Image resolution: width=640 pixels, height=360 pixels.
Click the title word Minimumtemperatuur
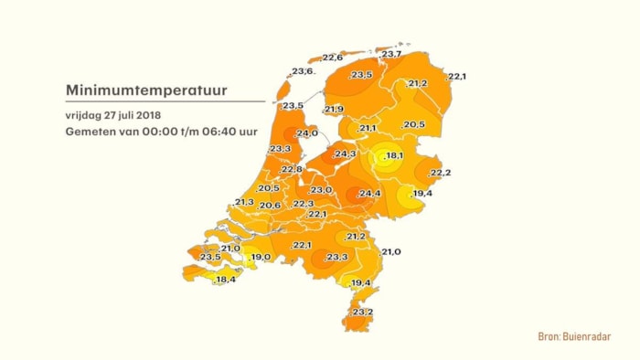pyautogui.click(x=146, y=90)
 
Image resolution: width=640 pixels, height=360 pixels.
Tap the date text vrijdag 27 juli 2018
pyautogui.click(x=113, y=115)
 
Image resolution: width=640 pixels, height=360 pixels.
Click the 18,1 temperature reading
pyautogui.click(x=394, y=156)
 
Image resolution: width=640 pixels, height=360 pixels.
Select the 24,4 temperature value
pyautogui.click(x=369, y=194)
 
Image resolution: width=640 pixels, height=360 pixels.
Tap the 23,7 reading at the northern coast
pyautogui.click(x=391, y=54)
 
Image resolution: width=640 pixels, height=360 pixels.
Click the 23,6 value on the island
pyautogui.click(x=303, y=71)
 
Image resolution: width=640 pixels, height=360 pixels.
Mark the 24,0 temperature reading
pyautogui.click(x=307, y=133)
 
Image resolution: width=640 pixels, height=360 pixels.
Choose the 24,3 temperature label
pyautogui.click(x=345, y=154)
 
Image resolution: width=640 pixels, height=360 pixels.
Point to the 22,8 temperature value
pyautogui.click(x=292, y=169)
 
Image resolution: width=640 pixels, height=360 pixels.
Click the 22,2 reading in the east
pyautogui.click(x=440, y=173)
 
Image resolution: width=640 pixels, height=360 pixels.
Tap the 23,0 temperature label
pyautogui.click(x=321, y=189)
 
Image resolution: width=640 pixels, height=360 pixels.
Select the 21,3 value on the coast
pyautogui.click(x=244, y=202)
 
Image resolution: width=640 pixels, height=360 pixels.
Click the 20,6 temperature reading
pyautogui.click(x=270, y=206)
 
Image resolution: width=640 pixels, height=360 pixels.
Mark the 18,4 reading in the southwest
pyautogui.click(x=225, y=280)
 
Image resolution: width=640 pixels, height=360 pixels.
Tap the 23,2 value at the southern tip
pyautogui.click(x=362, y=312)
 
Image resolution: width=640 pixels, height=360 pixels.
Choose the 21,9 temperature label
pyautogui.click(x=333, y=110)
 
